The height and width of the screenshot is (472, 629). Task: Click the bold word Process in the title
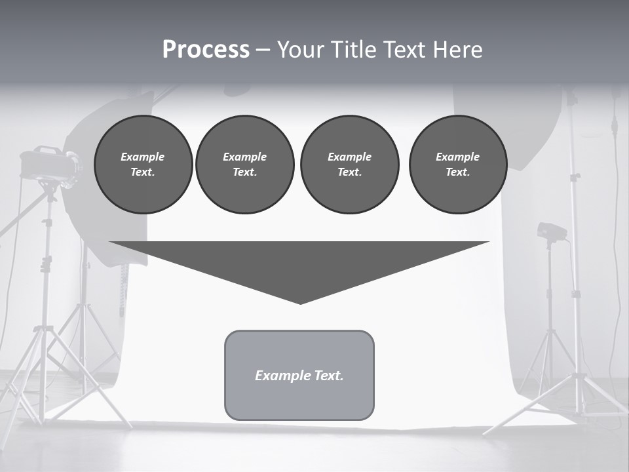(206, 50)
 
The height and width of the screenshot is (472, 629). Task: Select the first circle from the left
(143, 164)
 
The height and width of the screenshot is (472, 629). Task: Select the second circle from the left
(244, 164)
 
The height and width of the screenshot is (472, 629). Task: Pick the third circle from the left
(349, 164)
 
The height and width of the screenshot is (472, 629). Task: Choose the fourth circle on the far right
(457, 164)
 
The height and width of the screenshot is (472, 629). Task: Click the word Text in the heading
(404, 50)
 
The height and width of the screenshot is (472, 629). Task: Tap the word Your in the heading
(300, 50)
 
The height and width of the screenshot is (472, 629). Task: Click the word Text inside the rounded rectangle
(329, 376)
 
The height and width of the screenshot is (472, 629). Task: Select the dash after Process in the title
(262, 50)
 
